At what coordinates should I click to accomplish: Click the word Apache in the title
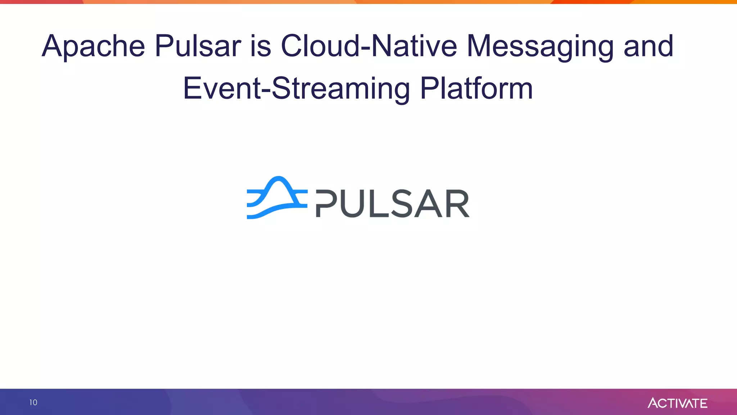(93, 46)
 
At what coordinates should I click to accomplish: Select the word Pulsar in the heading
(198, 46)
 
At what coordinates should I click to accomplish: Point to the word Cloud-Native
(368, 46)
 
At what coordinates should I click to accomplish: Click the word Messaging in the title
(540, 46)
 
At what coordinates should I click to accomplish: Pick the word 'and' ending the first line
(648, 46)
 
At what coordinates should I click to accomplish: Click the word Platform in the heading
(476, 89)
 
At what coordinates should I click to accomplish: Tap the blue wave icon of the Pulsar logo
(277, 197)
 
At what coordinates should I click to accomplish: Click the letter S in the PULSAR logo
(401, 204)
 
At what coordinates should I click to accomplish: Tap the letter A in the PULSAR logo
(428, 204)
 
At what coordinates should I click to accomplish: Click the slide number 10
(33, 402)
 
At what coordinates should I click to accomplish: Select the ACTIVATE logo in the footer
(677, 403)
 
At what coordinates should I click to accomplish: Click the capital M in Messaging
(481, 46)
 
